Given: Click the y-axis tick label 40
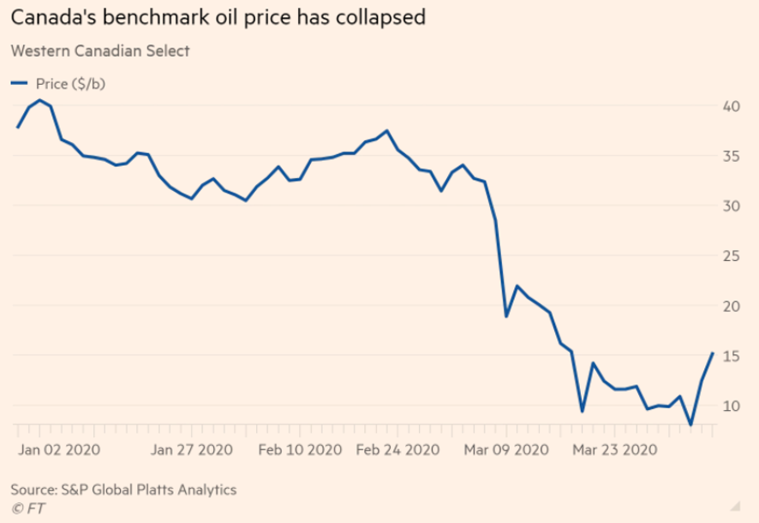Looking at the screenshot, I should tap(731, 106).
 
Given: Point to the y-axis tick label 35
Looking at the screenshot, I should tap(731, 156).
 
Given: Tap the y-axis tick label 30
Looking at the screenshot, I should tap(731, 205).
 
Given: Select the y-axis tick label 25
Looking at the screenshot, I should tap(731, 256).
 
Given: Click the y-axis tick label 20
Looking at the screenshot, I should tap(731, 306).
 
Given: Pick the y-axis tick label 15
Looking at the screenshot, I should tap(731, 355).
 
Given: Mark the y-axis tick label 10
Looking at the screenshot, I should tap(731, 405).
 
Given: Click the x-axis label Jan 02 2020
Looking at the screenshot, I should tap(59, 449).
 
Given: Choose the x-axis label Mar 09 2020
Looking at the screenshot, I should tap(505, 449).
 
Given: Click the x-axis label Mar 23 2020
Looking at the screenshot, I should tap(615, 449).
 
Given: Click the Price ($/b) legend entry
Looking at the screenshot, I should tap(63, 83).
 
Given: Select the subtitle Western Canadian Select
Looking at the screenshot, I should tap(100, 51).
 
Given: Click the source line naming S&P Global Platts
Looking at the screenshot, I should tap(123, 490).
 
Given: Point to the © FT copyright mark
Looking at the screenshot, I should tap(27, 508).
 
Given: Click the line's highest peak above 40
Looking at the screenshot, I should tap(39, 100).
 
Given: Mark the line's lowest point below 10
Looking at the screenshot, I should tap(690, 425).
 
